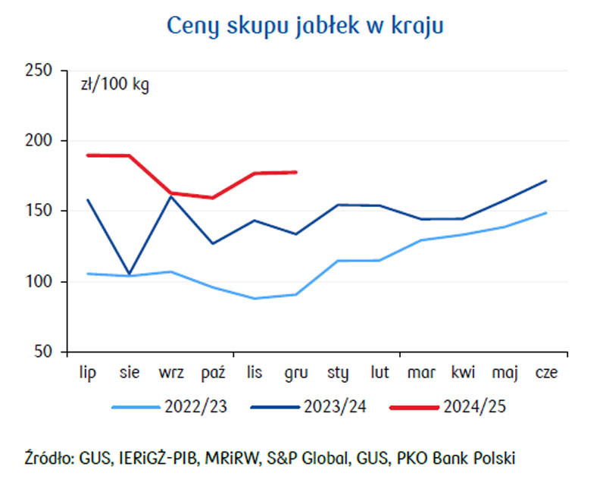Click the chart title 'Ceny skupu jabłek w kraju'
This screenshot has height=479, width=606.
tap(305, 26)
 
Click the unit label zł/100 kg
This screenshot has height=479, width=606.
tap(115, 84)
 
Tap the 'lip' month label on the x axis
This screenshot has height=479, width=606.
tap(88, 373)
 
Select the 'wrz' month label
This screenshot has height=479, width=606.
tap(171, 373)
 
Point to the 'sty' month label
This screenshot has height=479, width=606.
tap(338, 373)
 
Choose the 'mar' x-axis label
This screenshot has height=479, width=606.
tap(421, 373)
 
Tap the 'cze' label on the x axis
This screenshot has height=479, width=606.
tap(546, 373)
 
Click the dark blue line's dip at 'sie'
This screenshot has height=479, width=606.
tap(130, 274)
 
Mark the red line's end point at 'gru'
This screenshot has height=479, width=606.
tap(295, 172)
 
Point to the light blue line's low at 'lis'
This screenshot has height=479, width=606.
tap(255, 298)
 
